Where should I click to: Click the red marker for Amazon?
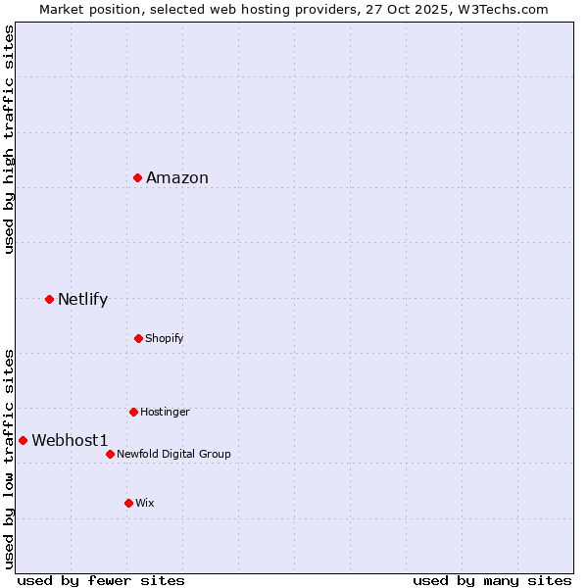138,177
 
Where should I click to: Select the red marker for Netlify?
49,299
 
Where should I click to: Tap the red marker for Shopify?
138,338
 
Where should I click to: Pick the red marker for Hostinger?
133,412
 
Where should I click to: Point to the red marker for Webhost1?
23,440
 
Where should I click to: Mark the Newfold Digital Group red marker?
110,454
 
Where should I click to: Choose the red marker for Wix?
128,503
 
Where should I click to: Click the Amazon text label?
177,177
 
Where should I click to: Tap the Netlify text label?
82,299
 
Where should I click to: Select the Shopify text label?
165,338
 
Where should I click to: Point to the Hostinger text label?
165,412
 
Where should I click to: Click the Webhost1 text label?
70,440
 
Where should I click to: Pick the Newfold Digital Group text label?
173,454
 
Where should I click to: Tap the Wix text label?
145,503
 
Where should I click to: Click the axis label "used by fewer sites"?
101,580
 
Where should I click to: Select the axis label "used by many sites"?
492,580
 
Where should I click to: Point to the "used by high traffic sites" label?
9,139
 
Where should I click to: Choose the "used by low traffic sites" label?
9,458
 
